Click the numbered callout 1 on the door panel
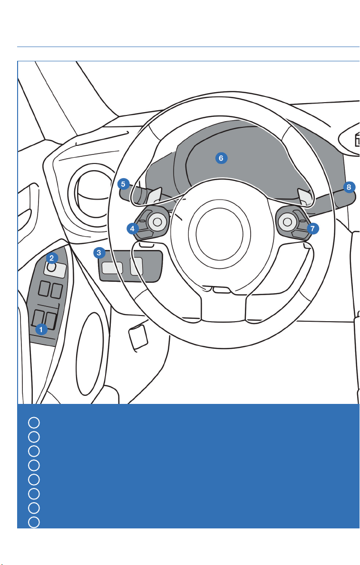coord(41,329)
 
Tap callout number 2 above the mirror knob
coord(52,258)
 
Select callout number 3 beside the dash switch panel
coord(99,253)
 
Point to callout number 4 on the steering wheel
coord(132,229)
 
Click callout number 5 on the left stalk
coord(123,184)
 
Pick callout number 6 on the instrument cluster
coord(221,158)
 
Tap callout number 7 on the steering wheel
coord(312,229)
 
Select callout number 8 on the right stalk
coord(349,187)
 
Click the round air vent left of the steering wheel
coord(90,191)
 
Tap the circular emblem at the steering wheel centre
coord(219,233)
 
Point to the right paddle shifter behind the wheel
coord(304,196)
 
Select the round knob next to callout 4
coord(157,221)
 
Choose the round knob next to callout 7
coord(288,221)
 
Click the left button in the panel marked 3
coord(112,268)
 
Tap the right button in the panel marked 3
coord(136,267)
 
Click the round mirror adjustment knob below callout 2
coord(51,268)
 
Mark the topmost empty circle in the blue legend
coord(34,422)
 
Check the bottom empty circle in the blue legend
coord(34,522)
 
